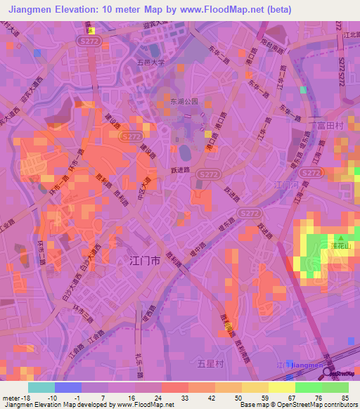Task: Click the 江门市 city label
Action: [x=146, y=261]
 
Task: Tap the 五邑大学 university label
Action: [x=150, y=62]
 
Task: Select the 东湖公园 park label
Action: [x=184, y=101]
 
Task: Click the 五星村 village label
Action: [x=210, y=363]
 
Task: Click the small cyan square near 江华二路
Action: [x=303, y=90]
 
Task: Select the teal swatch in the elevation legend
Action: [x=41, y=387]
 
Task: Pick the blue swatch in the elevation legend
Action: [x=67, y=387]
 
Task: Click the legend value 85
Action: [x=344, y=397]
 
